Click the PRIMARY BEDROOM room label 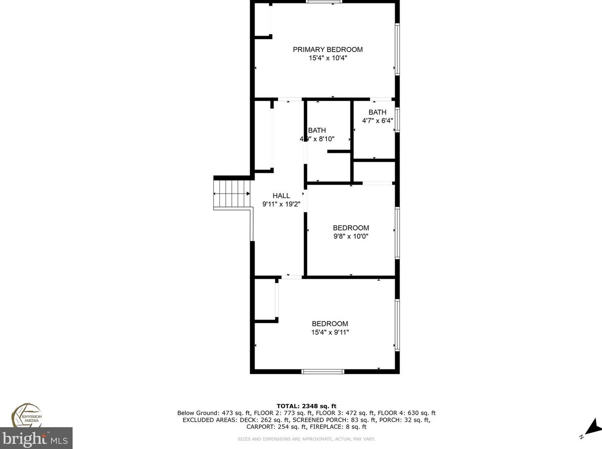point(328,49)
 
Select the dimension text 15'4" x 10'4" point(328,58)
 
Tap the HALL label point(281,196)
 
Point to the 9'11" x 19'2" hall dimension point(281,204)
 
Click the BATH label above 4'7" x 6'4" point(377,112)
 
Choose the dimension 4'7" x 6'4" point(377,121)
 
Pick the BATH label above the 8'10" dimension point(317,130)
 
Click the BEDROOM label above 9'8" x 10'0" point(351,228)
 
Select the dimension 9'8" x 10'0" point(351,236)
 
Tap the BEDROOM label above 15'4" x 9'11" point(330,324)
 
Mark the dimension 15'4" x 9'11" point(330,332)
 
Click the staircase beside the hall point(232,194)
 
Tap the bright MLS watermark point(36,439)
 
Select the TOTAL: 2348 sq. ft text point(306,406)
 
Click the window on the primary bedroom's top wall point(324,2)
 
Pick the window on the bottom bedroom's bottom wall point(323,371)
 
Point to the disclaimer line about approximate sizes point(306,439)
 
